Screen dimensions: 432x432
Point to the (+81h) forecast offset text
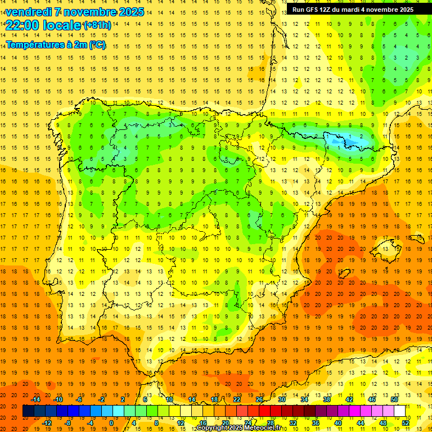97,25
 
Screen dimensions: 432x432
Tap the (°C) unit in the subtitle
97,44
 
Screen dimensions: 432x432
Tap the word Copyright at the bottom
211,428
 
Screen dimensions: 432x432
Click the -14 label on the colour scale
36,399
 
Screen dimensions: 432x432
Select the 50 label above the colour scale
394,399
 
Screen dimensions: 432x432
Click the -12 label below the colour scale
47,423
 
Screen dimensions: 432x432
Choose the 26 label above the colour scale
259,399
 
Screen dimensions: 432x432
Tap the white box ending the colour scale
400,411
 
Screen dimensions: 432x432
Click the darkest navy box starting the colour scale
28,411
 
